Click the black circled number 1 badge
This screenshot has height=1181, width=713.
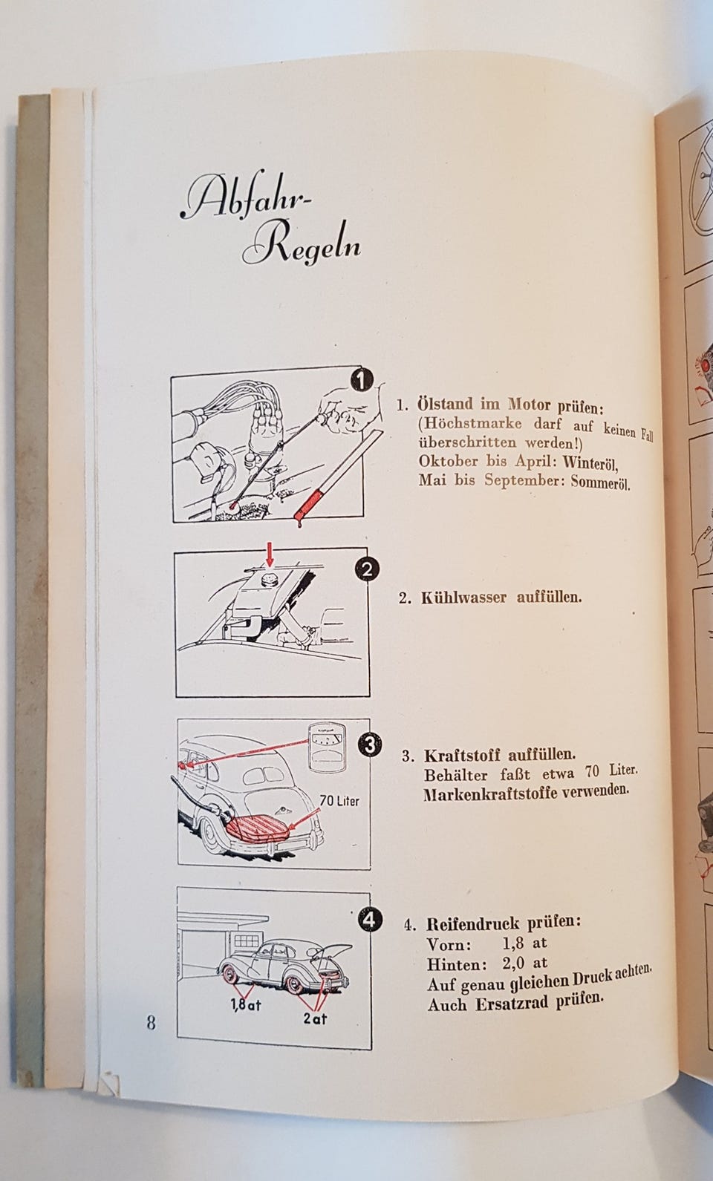pyautogui.click(x=361, y=380)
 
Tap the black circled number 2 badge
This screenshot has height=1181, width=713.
pyautogui.click(x=367, y=569)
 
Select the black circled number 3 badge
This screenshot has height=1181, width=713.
pyautogui.click(x=370, y=745)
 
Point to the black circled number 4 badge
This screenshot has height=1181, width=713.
pyautogui.click(x=370, y=920)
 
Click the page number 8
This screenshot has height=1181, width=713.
pyautogui.click(x=152, y=1024)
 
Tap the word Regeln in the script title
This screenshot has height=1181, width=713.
pyautogui.click(x=302, y=246)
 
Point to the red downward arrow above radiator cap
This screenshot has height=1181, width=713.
pyautogui.click(x=270, y=554)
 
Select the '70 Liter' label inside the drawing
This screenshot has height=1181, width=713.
pyautogui.click(x=339, y=802)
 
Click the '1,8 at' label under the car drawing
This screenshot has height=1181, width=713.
pyautogui.click(x=246, y=1005)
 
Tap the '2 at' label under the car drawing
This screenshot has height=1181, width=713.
pyautogui.click(x=315, y=1018)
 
